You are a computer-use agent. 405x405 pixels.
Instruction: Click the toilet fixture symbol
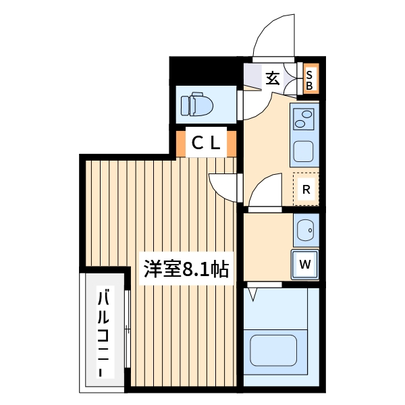pyautogui.click(x=196, y=105)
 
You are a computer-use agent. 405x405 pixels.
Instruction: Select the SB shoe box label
pyautogui.click(x=309, y=80)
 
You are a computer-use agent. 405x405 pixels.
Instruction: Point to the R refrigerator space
pyautogui.click(x=306, y=189)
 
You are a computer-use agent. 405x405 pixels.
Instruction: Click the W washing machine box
pyautogui.click(x=304, y=264)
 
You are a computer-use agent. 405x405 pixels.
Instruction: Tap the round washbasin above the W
pyautogui.click(x=306, y=231)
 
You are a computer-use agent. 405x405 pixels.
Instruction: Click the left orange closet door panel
pyautogui.click(x=181, y=142)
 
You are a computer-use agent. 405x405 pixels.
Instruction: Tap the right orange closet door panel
pyautogui.click(x=232, y=142)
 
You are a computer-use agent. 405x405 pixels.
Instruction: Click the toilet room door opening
pyautogui.click(x=240, y=104)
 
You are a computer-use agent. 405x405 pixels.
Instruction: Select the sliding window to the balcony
pyautogui.click(x=128, y=331)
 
